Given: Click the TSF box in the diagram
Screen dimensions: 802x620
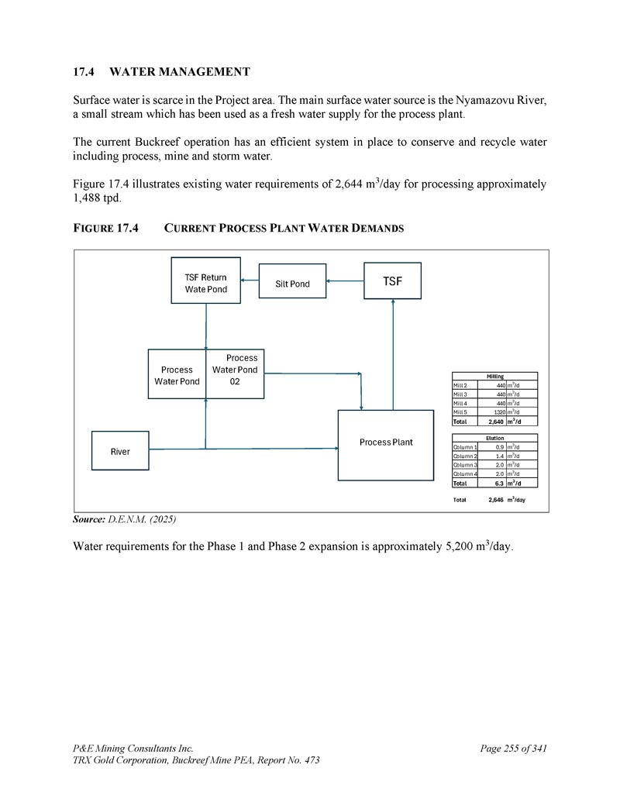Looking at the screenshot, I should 392,281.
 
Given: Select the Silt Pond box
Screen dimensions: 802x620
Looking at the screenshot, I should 292,284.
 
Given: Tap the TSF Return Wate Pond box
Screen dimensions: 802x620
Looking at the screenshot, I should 205,283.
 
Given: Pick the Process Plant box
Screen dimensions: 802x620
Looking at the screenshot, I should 385,442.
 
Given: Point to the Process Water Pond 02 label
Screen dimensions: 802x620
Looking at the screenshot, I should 236,370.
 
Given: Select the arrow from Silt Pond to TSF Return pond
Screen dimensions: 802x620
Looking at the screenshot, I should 249,281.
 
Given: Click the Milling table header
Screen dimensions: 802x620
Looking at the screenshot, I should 494,377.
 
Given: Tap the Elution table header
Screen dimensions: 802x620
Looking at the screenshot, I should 494,438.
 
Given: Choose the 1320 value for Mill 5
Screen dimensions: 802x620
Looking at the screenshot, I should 500,412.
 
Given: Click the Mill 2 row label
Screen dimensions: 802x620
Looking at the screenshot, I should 460,385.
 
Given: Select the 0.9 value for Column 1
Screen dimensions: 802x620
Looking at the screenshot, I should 501,447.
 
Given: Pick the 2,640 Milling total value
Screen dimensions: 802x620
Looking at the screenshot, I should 496,422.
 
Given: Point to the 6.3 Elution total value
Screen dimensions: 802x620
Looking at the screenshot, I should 499,484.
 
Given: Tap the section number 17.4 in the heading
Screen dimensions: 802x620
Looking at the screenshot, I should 83,72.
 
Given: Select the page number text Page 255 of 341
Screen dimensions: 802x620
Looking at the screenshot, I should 513,749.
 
